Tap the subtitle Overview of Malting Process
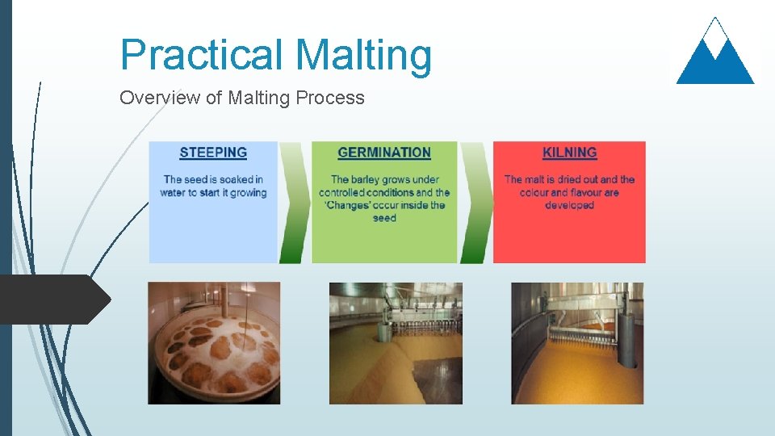[241, 98]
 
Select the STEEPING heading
[213, 153]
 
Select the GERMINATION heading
[384, 153]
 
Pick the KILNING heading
[569, 153]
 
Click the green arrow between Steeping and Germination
[295, 203]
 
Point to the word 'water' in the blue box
[174, 193]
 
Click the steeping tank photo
[214, 343]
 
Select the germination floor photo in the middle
[396, 343]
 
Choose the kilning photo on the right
[577, 343]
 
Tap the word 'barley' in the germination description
[367, 179]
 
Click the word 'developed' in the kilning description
[569, 205]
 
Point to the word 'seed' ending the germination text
[384, 218]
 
